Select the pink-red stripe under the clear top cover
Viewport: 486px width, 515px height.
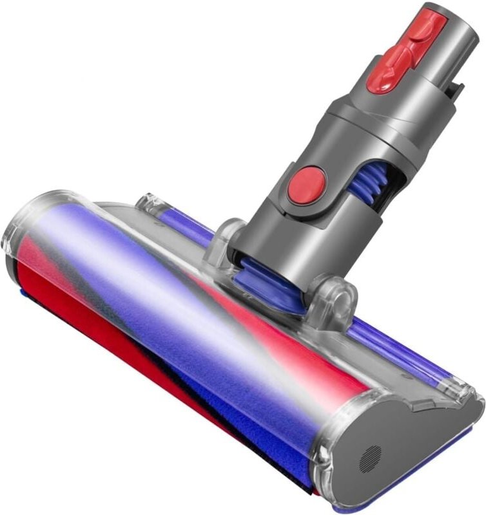[277, 328]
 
